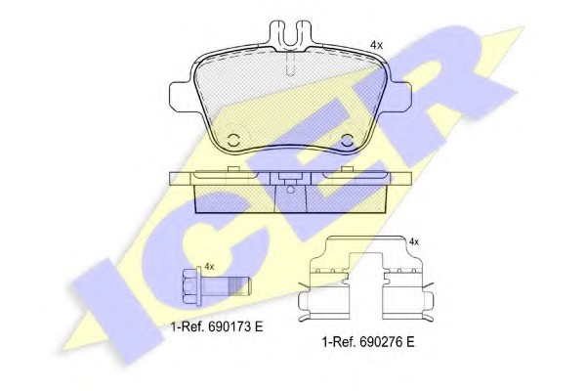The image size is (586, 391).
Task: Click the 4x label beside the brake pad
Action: click(x=376, y=45)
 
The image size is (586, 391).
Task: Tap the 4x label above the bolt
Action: click(x=209, y=267)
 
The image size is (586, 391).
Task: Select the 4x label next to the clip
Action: click(x=414, y=241)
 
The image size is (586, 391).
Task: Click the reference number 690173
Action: click(x=228, y=326)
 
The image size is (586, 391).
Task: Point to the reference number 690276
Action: click(x=379, y=342)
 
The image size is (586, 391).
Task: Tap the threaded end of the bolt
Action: click(x=238, y=287)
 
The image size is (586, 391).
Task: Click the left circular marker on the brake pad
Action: click(x=234, y=140)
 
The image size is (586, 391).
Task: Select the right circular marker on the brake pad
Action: click(x=347, y=140)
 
